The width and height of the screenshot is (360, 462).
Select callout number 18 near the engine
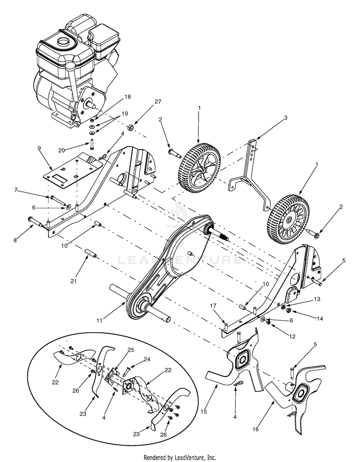tap(114, 97)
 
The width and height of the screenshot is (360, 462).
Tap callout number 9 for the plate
tap(39, 148)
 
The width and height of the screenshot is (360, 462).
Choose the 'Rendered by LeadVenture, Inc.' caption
tap(180, 457)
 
